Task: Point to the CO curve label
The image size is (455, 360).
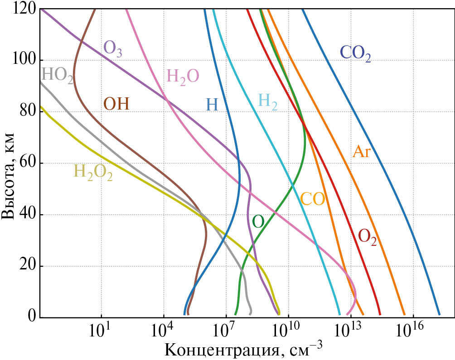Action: point(313,199)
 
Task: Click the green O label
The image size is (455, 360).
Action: point(258,221)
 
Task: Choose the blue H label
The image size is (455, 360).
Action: point(212,105)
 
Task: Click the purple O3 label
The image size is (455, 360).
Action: point(113,48)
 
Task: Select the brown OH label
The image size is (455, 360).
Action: point(116,104)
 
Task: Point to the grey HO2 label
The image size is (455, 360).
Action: point(58,75)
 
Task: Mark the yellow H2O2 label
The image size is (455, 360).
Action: point(93,172)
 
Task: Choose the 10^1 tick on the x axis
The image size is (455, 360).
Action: point(101,331)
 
